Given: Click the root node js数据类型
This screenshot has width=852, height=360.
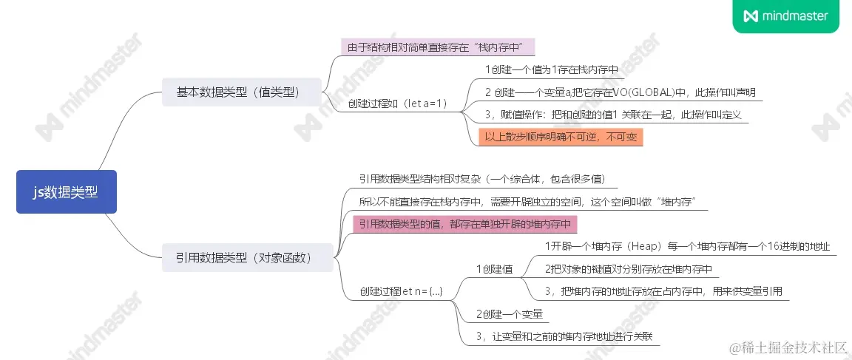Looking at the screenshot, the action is pyautogui.click(x=66, y=191).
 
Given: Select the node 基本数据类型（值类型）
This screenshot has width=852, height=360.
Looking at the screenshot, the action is pyautogui.click(x=242, y=92).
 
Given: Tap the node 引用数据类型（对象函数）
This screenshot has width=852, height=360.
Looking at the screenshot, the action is pyautogui.click(x=248, y=258).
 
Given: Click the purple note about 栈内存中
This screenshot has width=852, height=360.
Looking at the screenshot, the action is pyautogui.click(x=436, y=47).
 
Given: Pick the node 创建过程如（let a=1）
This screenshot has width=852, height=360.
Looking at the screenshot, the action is pyautogui.click(x=398, y=103).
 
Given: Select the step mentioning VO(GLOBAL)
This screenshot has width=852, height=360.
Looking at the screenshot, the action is pyautogui.click(x=620, y=92).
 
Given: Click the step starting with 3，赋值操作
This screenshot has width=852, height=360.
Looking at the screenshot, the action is pyautogui.click(x=612, y=115).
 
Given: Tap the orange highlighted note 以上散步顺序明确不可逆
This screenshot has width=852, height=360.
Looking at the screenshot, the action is pyautogui.click(x=560, y=137).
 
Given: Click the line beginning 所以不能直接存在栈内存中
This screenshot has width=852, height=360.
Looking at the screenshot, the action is pyautogui.click(x=528, y=201).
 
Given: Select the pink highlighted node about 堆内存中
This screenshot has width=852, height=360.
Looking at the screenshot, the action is pyautogui.click(x=464, y=224).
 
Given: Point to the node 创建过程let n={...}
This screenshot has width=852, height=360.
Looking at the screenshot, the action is pyautogui.click(x=401, y=291).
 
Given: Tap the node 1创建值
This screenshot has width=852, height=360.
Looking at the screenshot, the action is pyautogui.click(x=494, y=268).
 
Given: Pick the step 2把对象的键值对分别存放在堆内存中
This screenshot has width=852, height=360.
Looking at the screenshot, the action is pyautogui.click(x=626, y=268).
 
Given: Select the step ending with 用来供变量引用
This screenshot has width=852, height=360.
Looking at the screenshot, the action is pyautogui.click(x=663, y=291).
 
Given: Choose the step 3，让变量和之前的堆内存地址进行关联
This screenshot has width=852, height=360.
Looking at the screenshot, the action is pyautogui.click(x=567, y=336).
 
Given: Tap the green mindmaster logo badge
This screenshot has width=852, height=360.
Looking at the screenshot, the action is pyautogui.click(x=785, y=16).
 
